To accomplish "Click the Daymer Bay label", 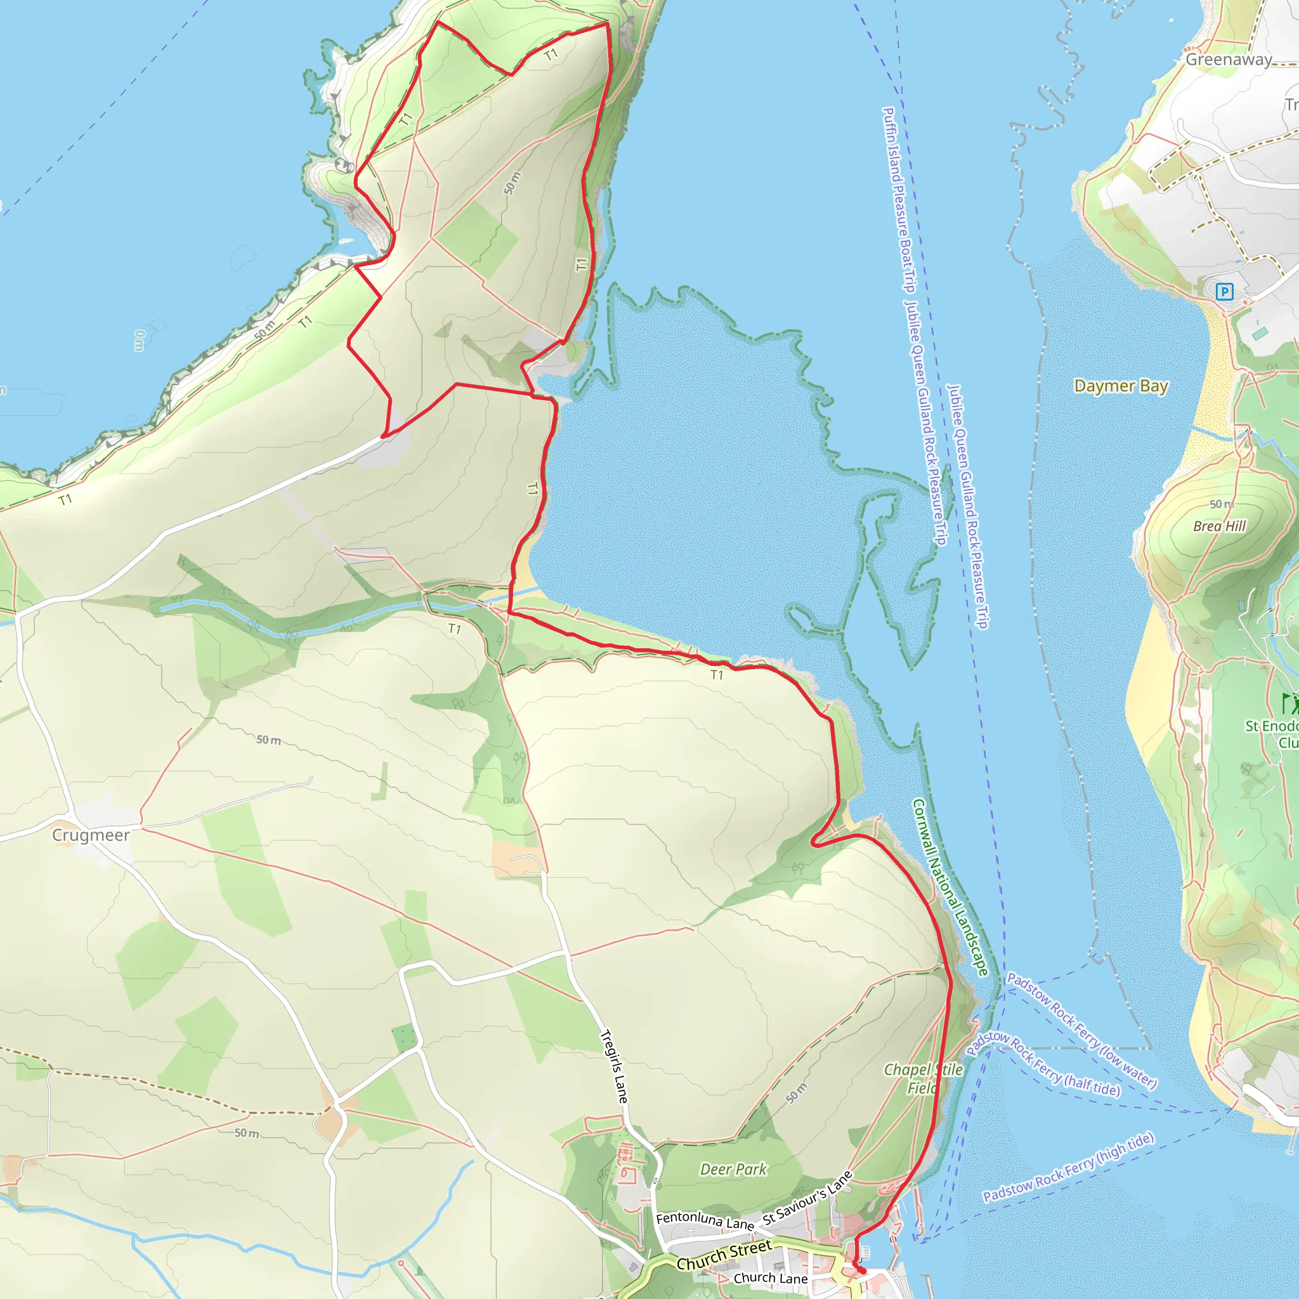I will tap(1121, 386).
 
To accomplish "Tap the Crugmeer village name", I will tap(91, 835).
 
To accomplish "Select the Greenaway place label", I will tap(1229, 59).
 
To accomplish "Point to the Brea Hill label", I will tap(1219, 526).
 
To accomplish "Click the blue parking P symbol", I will tap(1224, 291).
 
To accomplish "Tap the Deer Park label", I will tap(733, 1169).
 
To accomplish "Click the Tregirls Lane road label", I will tap(614, 1066).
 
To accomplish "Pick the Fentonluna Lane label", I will tap(705, 1220).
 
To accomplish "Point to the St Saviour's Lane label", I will tap(807, 1198).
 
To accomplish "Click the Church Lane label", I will tap(770, 1277).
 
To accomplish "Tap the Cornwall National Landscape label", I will tap(950, 887).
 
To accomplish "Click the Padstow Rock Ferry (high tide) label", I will tap(1068, 1167).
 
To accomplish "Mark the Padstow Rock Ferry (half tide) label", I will tap(1043, 1063).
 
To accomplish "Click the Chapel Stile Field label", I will tap(922, 1078).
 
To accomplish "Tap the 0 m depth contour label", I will tap(139, 340).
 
